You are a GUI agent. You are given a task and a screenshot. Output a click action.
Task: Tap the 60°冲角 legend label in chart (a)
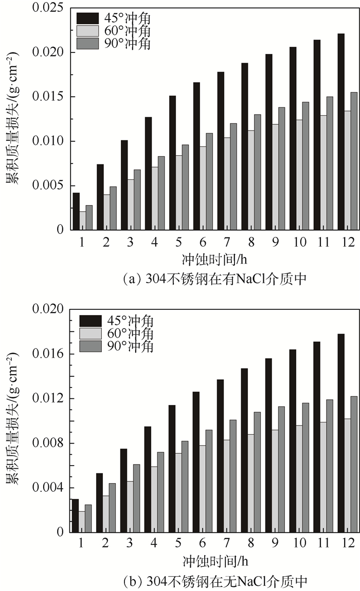[129, 32]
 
